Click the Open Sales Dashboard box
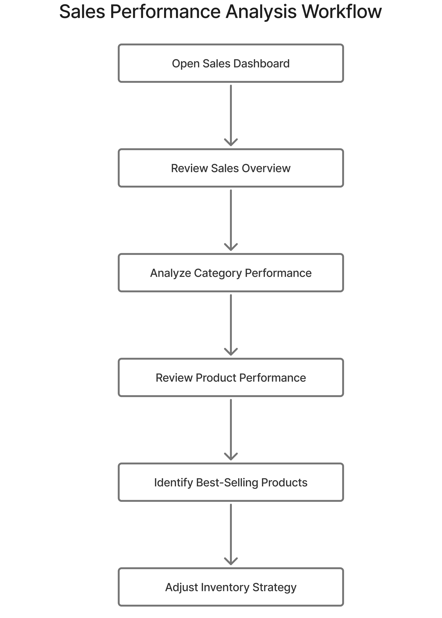click(230, 63)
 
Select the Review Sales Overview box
click(230, 168)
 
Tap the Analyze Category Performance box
click(230, 273)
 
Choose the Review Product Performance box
click(230, 378)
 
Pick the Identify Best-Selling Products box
click(230, 482)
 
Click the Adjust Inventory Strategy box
click(230, 587)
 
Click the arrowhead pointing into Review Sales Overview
click(231, 143)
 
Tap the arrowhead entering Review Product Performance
click(231, 352)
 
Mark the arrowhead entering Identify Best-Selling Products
click(231, 457)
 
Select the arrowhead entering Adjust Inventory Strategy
click(231, 562)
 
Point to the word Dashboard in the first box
click(261, 63)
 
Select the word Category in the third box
click(218, 273)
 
